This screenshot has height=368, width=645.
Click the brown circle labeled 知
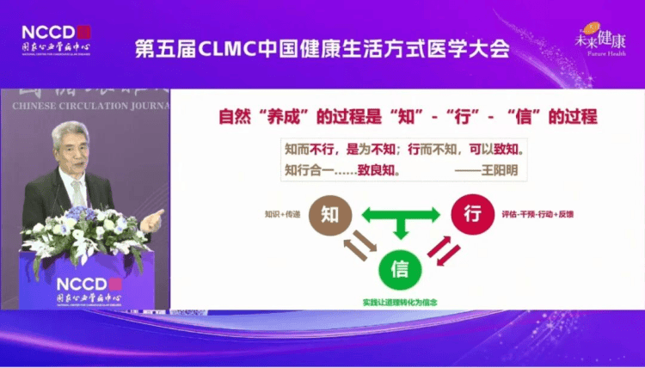coord(330,216)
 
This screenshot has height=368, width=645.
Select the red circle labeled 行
coord(470,215)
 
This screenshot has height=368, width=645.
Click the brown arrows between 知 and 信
coord(353,249)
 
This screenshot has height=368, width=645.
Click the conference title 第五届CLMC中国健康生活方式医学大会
coord(322,48)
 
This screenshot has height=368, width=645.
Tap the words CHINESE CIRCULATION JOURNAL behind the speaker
coord(85,106)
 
